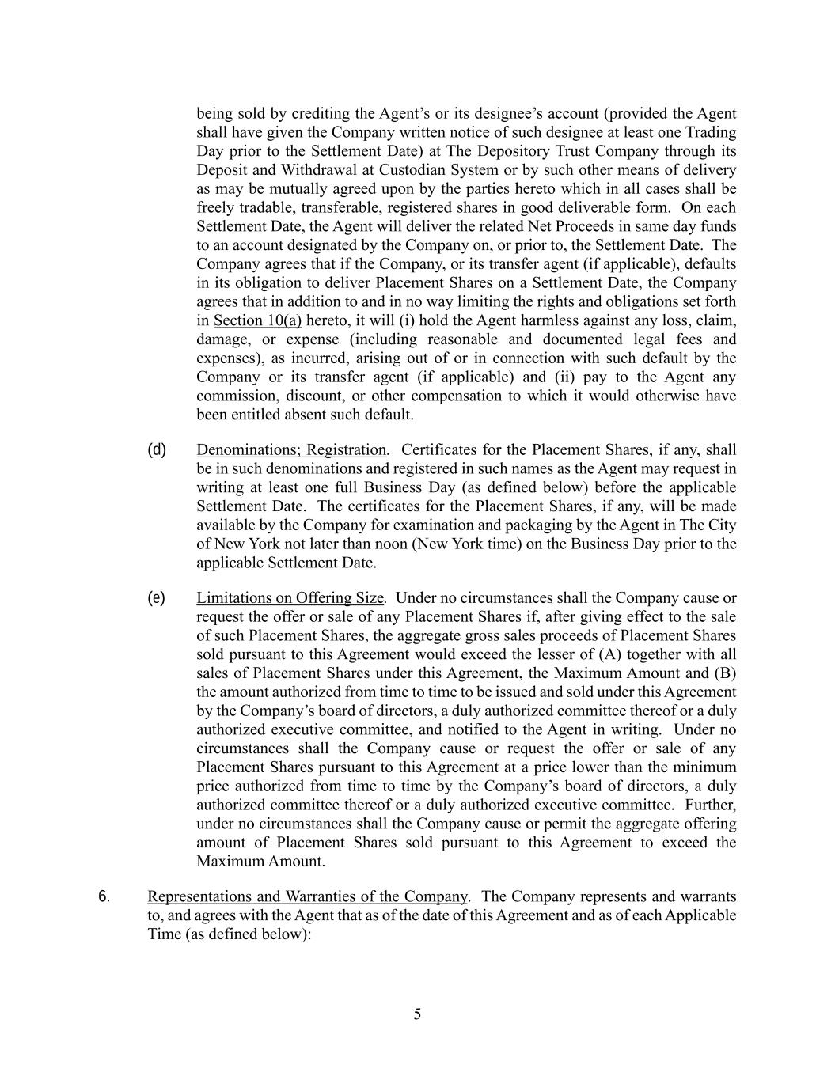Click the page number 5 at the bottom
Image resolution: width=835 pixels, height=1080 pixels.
[x=417, y=1014]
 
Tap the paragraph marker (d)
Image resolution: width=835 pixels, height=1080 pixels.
[x=157, y=449]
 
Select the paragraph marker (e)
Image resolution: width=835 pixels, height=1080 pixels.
[x=157, y=597]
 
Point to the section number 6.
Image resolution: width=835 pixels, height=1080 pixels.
[x=104, y=896]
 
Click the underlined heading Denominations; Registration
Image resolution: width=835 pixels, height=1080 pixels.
[x=291, y=450]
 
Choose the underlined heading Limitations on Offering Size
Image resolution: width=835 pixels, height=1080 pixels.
[x=290, y=598]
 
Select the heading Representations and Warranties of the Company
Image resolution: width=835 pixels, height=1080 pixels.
[x=307, y=896]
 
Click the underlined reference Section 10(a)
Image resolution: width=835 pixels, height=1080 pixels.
[x=257, y=320]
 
